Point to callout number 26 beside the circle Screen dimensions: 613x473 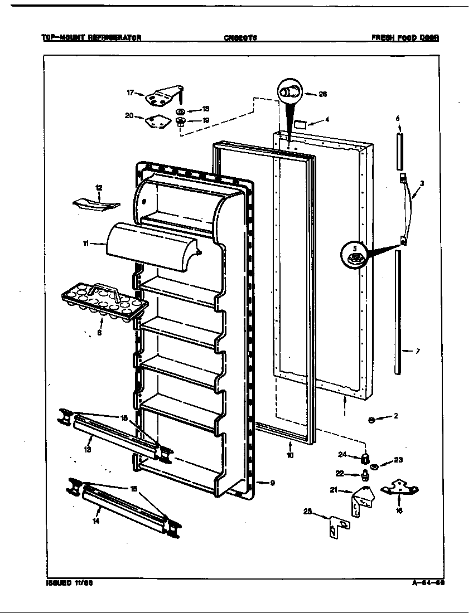pos(322,94)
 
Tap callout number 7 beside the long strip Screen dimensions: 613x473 pos(418,351)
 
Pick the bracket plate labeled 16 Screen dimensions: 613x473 pos(399,489)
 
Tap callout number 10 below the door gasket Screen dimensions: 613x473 pos(290,455)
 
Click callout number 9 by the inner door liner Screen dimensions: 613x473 pos(272,483)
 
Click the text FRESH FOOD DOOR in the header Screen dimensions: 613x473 pos(405,38)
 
